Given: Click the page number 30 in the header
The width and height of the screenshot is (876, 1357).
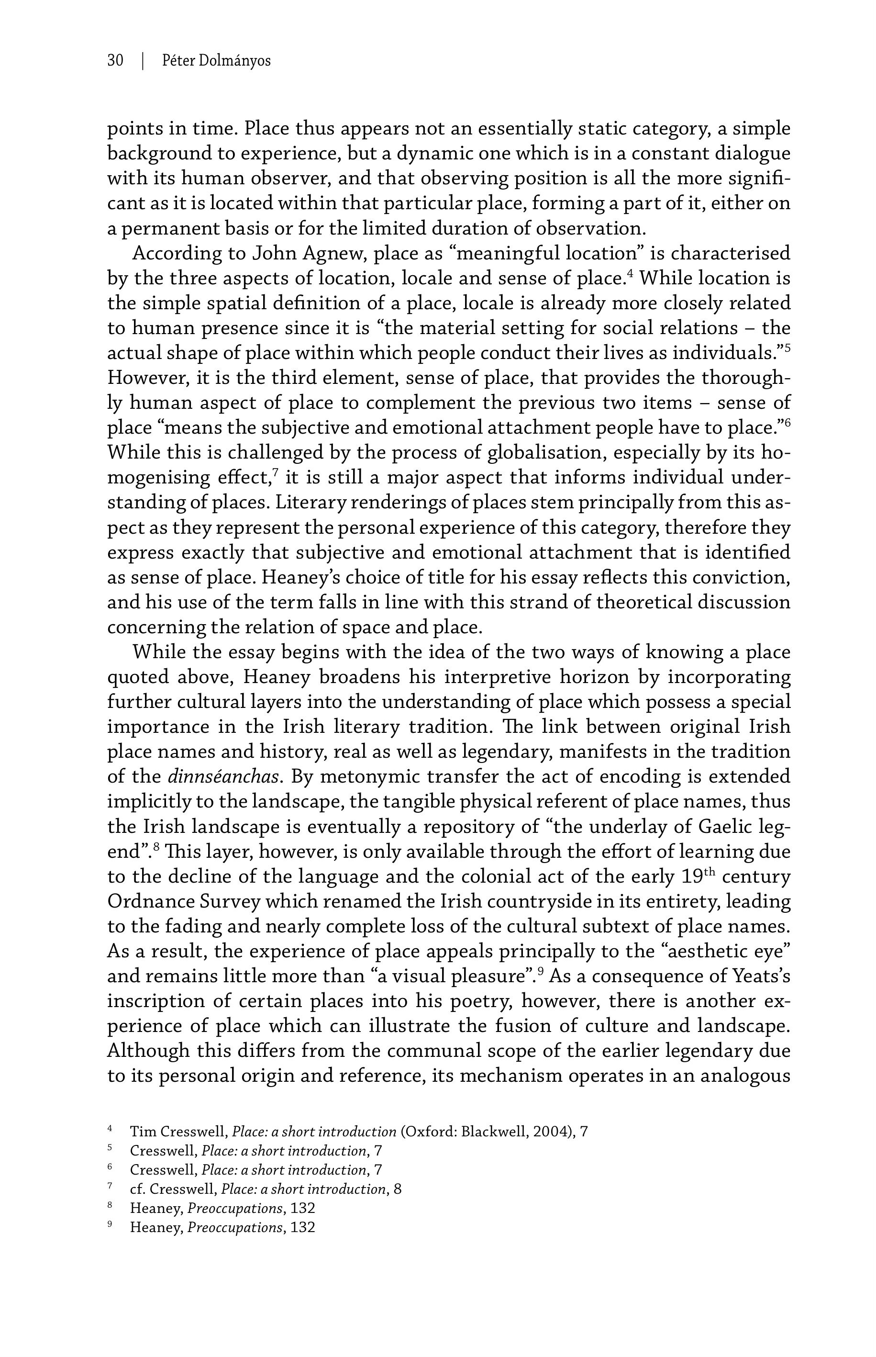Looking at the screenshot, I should tap(115, 60).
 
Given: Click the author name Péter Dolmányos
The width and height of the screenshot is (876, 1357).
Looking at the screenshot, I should tap(216, 60).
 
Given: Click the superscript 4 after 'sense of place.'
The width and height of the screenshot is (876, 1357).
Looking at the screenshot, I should tap(630, 274).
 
